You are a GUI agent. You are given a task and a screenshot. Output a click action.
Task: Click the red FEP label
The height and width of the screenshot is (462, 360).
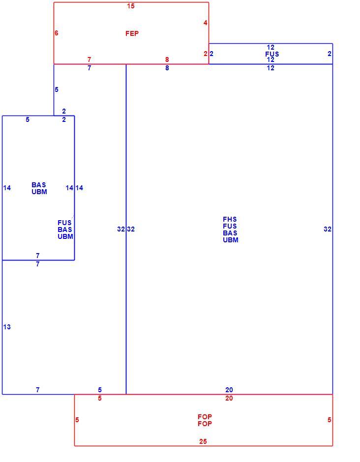point(132,33)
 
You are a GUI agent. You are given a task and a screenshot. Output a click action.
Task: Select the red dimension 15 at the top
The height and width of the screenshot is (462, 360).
point(131,6)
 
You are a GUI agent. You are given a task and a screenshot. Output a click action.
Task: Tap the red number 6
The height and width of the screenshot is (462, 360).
point(57,33)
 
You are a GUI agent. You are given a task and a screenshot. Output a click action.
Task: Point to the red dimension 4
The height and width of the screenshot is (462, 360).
point(205,23)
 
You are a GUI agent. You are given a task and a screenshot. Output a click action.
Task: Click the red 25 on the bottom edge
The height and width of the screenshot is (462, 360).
point(203,441)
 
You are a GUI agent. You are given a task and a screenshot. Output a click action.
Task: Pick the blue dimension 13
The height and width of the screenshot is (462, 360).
point(7,327)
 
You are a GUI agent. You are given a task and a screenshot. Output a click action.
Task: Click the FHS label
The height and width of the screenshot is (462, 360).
point(230,219)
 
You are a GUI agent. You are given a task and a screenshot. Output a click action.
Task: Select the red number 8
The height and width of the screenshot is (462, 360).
point(167,59)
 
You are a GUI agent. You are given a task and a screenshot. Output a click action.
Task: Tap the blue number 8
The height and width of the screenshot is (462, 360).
point(167,68)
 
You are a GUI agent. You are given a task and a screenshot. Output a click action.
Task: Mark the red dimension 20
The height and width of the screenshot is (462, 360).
point(229,399)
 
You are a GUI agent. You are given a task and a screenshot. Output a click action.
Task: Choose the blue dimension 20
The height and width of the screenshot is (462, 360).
point(229,390)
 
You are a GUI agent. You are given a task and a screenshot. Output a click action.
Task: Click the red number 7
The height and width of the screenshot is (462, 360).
point(89,59)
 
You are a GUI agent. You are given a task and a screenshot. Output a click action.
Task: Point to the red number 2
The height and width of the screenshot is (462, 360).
point(206,54)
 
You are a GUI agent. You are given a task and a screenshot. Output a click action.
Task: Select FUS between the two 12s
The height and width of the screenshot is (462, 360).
point(272,54)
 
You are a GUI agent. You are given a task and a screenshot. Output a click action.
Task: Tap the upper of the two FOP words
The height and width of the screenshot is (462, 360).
point(205,417)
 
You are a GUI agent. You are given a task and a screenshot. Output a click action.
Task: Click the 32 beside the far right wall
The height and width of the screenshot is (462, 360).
point(327,229)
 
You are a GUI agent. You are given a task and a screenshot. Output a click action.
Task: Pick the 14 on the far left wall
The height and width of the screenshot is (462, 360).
point(7,188)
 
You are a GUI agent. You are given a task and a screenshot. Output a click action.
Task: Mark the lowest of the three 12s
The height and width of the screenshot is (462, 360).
point(270,68)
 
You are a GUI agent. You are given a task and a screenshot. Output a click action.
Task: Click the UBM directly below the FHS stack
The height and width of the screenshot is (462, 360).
point(231,240)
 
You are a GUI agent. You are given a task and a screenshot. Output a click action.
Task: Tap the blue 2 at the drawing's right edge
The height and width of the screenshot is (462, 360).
point(330,54)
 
